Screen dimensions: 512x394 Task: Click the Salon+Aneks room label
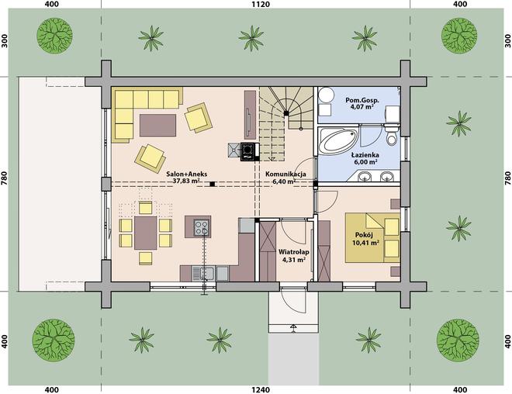click(x=186, y=174)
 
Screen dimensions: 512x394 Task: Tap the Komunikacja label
click(x=285, y=174)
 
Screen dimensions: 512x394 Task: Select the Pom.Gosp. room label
click(x=362, y=100)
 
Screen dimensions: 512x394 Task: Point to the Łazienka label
click(x=365, y=154)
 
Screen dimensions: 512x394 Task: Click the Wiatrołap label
click(x=293, y=252)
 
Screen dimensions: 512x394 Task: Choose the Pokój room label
click(x=364, y=235)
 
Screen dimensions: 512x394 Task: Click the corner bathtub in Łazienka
click(x=338, y=141)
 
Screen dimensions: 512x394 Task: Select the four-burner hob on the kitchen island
click(x=201, y=227)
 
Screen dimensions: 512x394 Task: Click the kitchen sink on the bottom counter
click(x=202, y=273)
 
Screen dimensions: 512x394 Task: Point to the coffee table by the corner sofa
click(x=157, y=125)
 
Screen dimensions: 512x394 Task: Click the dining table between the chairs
click(x=146, y=233)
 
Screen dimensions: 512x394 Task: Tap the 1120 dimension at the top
click(x=261, y=4)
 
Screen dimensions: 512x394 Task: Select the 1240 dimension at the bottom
click(x=261, y=390)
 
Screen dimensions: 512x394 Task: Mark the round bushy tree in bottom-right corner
click(x=458, y=340)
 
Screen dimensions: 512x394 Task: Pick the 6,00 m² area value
click(x=365, y=162)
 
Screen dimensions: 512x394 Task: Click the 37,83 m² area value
click(x=186, y=181)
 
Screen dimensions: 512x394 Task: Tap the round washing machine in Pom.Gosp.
click(x=326, y=95)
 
